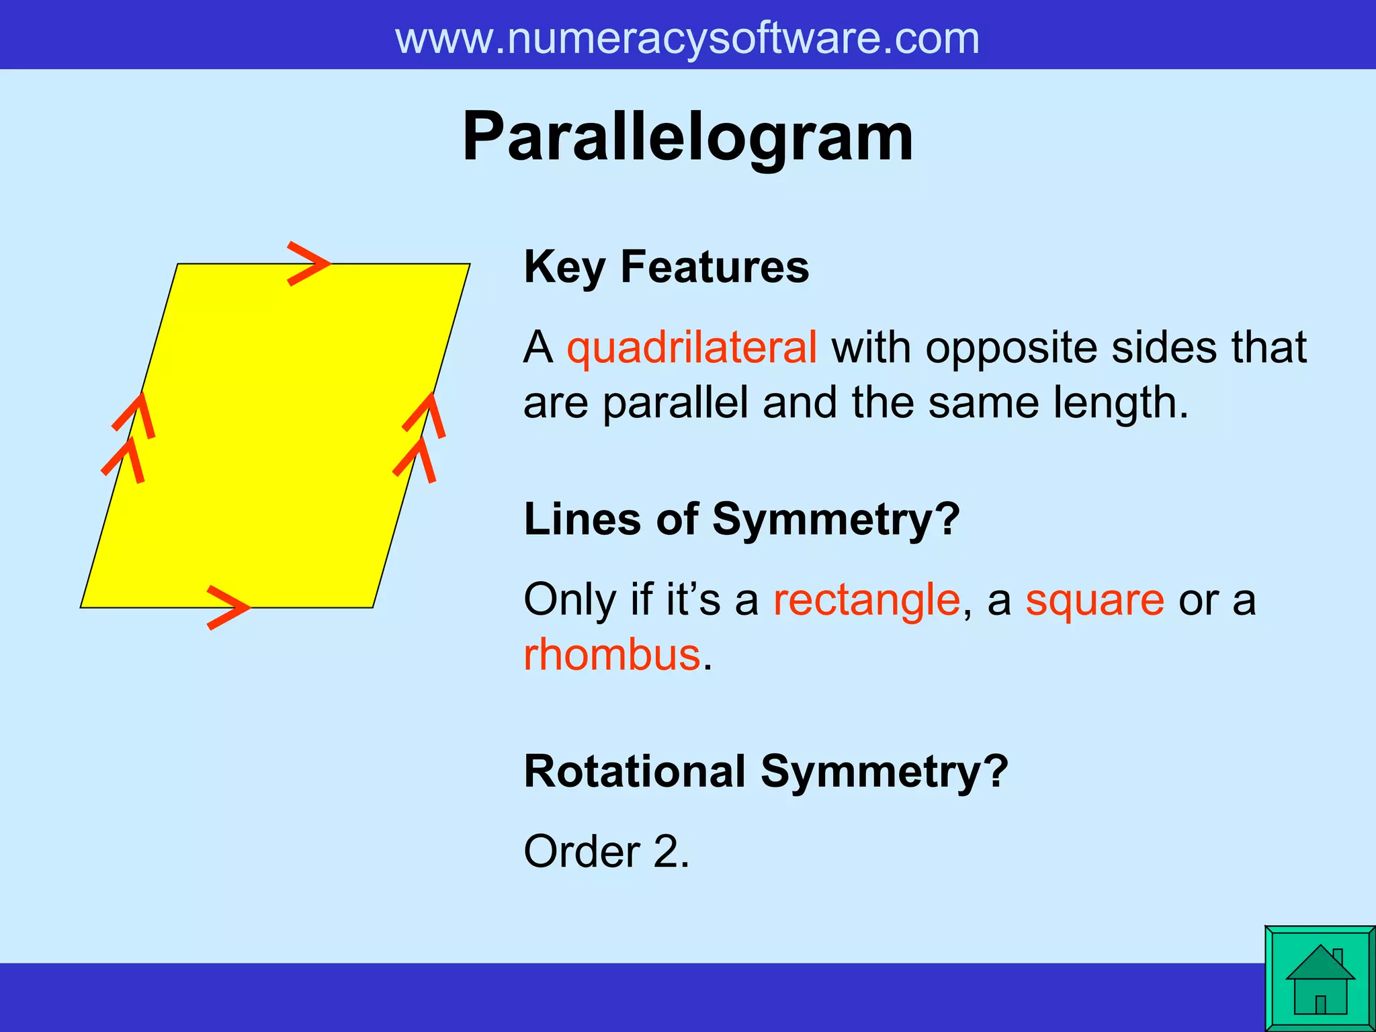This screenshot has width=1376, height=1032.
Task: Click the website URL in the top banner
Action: (x=687, y=38)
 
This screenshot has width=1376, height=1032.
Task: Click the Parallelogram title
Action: (x=687, y=138)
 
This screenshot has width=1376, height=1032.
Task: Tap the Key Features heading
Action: (x=666, y=267)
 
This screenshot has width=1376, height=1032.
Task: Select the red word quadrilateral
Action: (x=691, y=348)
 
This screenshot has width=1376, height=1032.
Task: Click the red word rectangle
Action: (x=866, y=599)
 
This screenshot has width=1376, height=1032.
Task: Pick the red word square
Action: (x=1094, y=601)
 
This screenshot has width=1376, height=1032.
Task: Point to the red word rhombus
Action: (x=611, y=655)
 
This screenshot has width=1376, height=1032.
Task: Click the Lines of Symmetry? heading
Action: (x=742, y=519)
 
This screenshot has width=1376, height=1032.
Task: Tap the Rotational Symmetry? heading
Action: (x=766, y=771)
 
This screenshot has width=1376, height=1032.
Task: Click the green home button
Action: (x=1320, y=978)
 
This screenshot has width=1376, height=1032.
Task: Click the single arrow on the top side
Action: (x=308, y=263)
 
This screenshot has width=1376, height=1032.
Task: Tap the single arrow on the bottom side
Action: (x=228, y=607)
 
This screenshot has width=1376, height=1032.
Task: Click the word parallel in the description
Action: (x=675, y=403)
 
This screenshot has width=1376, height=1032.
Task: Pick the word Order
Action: (x=582, y=852)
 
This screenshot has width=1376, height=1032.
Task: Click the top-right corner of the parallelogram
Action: (x=469, y=264)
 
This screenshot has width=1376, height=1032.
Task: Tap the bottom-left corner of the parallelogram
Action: (x=81, y=607)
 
